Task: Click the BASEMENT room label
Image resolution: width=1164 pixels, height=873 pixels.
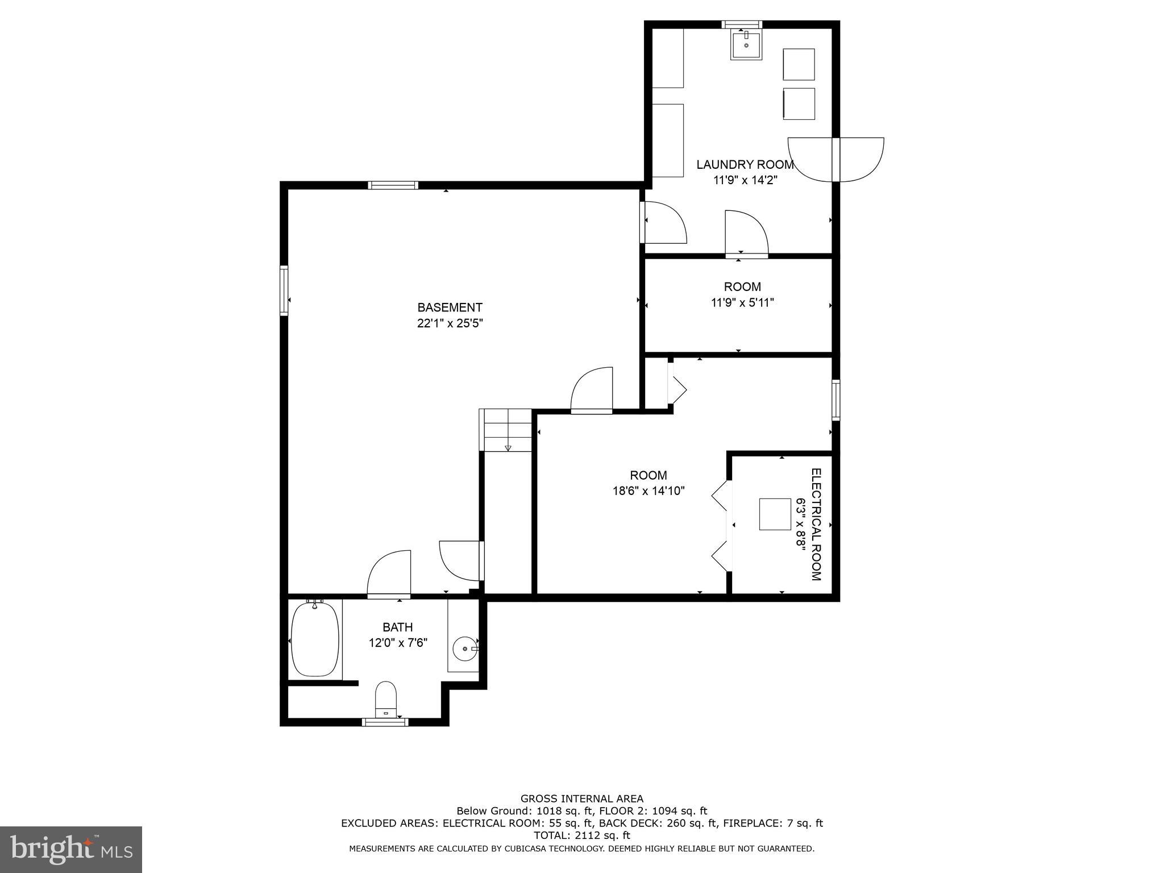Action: pyautogui.click(x=450, y=307)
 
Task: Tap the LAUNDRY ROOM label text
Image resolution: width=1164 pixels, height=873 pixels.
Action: pyautogui.click(x=745, y=165)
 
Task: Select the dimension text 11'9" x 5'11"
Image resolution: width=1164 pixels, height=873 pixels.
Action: pyautogui.click(x=742, y=302)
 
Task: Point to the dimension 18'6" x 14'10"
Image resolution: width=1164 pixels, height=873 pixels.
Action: pyautogui.click(x=648, y=490)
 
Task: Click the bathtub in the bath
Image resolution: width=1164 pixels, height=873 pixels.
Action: pyautogui.click(x=315, y=639)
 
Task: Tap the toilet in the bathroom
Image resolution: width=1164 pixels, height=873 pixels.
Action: pyautogui.click(x=386, y=699)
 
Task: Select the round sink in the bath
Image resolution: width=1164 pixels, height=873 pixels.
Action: pyautogui.click(x=465, y=648)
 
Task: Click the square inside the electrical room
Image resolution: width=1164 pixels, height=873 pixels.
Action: pyautogui.click(x=775, y=514)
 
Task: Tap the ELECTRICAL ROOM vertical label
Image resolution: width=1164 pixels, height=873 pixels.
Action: pyautogui.click(x=816, y=524)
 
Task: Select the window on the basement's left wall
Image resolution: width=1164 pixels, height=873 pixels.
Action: pyautogui.click(x=284, y=290)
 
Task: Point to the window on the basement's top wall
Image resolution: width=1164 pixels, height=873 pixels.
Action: pyautogui.click(x=393, y=185)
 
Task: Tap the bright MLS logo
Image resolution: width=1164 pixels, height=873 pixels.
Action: pyautogui.click(x=70, y=849)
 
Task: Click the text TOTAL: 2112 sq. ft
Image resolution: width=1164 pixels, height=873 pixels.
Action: pyautogui.click(x=581, y=835)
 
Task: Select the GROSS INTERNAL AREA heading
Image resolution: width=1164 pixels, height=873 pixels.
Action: pyautogui.click(x=581, y=799)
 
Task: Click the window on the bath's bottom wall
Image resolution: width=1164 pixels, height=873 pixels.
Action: pyautogui.click(x=385, y=722)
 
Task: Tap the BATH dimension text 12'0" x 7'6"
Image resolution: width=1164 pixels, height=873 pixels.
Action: pyautogui.click(x=397, y=643)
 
